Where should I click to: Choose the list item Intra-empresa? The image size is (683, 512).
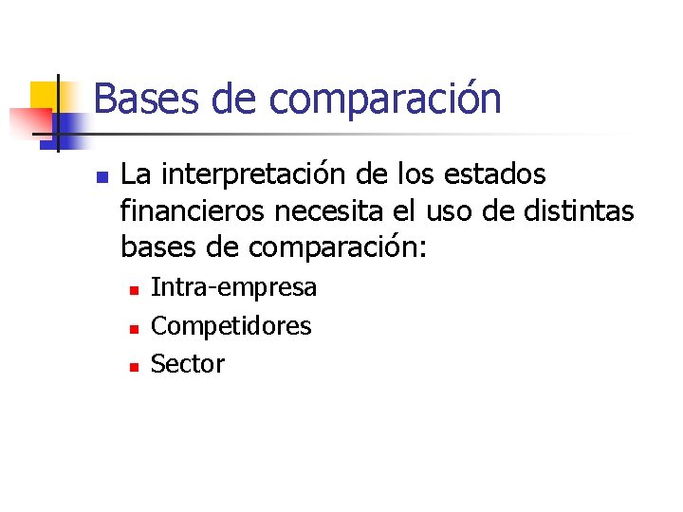[234, 287]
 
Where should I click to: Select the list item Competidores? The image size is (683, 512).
[231, 326]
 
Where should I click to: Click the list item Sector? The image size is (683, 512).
[188, 364]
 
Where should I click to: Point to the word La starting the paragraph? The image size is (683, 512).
[134, 175]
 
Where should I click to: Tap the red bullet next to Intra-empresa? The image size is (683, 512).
[134, 289]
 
